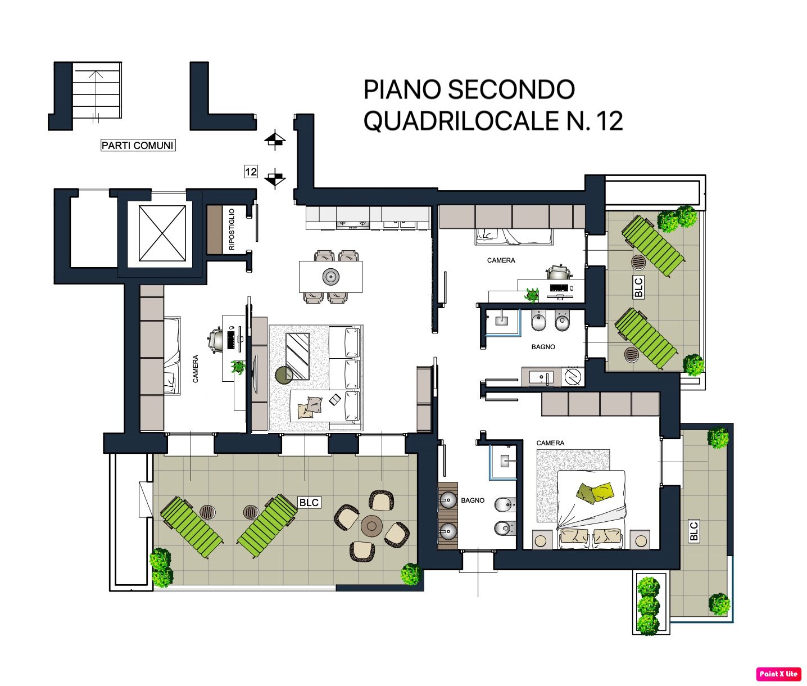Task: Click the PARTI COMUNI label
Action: pyautogui.click(x=138, y=145)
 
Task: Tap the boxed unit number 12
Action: pyautogui.click(x=251, y=171)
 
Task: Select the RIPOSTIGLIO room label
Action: pyautogui.click(x=232, y=229)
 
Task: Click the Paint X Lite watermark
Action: pyautogui.click(x=778, y=674)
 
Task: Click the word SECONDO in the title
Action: pyautogui.click(x=511, y=89)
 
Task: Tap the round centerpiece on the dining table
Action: pyautogui.click(x=330, y=277)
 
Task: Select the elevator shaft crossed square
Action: pyautogui.click(x=162, y=233)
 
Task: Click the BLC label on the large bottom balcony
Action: pyautogui.click(x=309, y=502)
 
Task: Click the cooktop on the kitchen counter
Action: pyautogui.click(x=353, y=224)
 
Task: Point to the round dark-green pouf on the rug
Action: pyautogui.click(x=284, y=376)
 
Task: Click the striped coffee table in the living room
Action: pyautogui.click(x=297, y=356)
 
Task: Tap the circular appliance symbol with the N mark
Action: pyautogui.click(x=573, y=377)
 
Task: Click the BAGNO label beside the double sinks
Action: pyautogui.click(x=473, y=500)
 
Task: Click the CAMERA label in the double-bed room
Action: pyautogui.click(x=550, y=443)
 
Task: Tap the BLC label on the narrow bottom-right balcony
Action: pyautogui.click(x=693, y=531)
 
